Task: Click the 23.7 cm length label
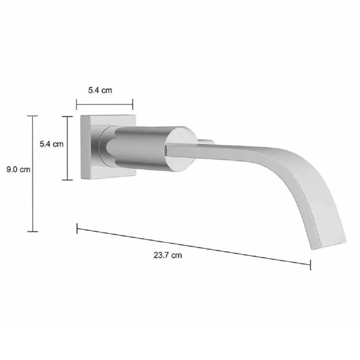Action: (x=168, y=255)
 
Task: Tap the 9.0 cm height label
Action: (x=18, y=170)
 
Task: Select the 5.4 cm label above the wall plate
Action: (x=100, y=90)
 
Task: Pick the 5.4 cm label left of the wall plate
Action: (x=51, y=144)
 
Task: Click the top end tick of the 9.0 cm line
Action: (x=33, y=116)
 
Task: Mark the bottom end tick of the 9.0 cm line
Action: (x=33, y=231)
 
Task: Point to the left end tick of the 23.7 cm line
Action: (x=77, y=229)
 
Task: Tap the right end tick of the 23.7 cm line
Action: (x=310, y=265)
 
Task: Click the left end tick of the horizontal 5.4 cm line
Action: (x=77, y=104)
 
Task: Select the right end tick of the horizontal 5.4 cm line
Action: (x=133, y=104)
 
